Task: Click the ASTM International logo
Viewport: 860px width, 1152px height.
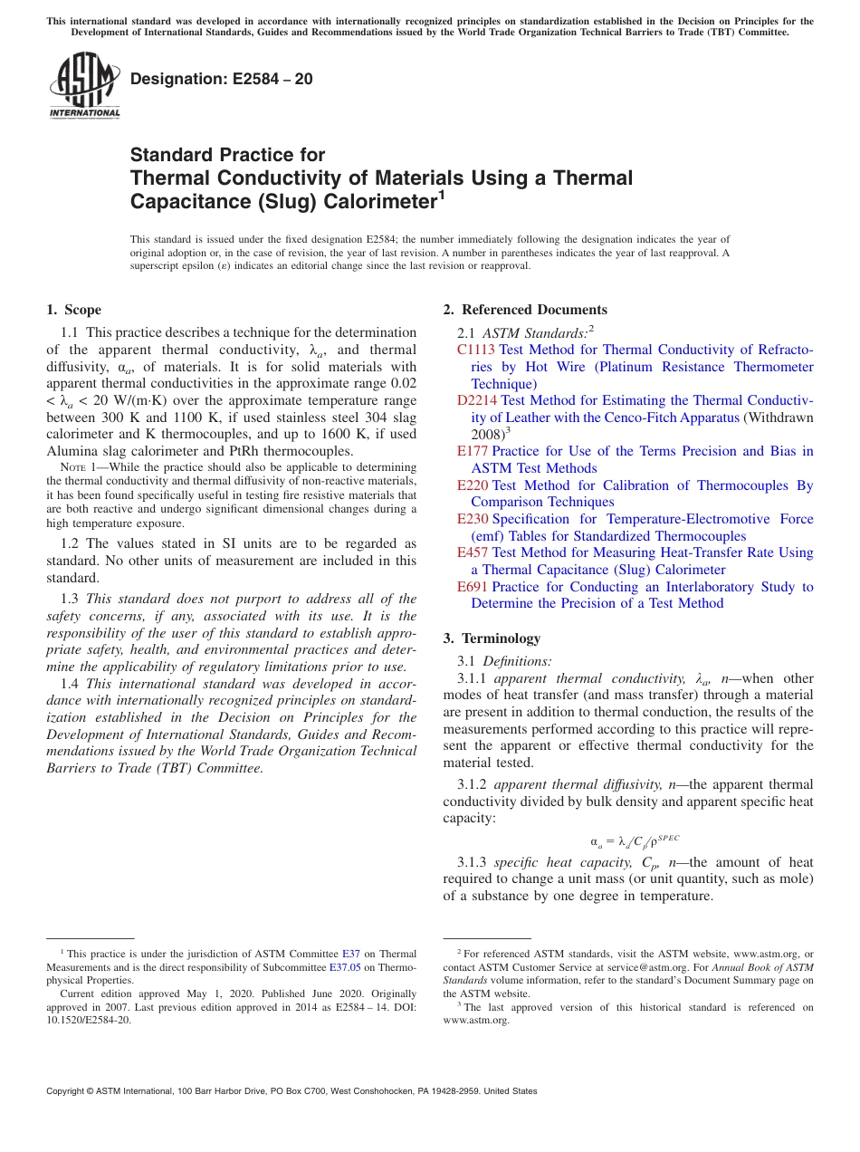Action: pyautogui.click(x=84, y=86)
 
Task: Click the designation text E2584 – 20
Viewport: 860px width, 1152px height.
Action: pyautogui.click(x=222, y=80)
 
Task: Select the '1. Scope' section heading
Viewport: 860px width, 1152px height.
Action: pyautogui.click(x=73, y=310)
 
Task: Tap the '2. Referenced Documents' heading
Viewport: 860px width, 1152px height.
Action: pyautogui.click(x=525, y=310)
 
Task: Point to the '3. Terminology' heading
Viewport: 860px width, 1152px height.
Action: pyautogui.click(x=492, y=638)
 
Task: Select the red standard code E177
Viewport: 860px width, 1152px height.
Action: pyautogui.click(x=473, y=451)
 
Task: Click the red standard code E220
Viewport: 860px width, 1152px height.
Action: pyautogui.click(x=473, y=485)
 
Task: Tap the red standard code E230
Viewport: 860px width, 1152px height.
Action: pyautogui.click(x=473, y=519)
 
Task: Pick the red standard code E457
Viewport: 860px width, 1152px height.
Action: pyautogui.click(x=473, y=552)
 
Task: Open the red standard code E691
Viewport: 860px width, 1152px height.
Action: pyautogui.click(x=473, y=587)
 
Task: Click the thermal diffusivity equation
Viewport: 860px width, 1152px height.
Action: pyautogui.click(x=628, y=840)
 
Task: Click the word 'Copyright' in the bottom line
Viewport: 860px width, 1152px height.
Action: pyautogui.click(x=69, y=1091)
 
